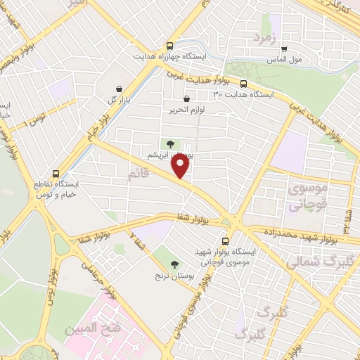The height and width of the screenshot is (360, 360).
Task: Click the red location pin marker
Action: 181,165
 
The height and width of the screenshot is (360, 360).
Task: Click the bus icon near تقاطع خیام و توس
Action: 56,173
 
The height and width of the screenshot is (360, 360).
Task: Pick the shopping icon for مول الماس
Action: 284,50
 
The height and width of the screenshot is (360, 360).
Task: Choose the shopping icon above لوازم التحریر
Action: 186,99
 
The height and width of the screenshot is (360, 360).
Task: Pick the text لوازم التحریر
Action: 186,110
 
